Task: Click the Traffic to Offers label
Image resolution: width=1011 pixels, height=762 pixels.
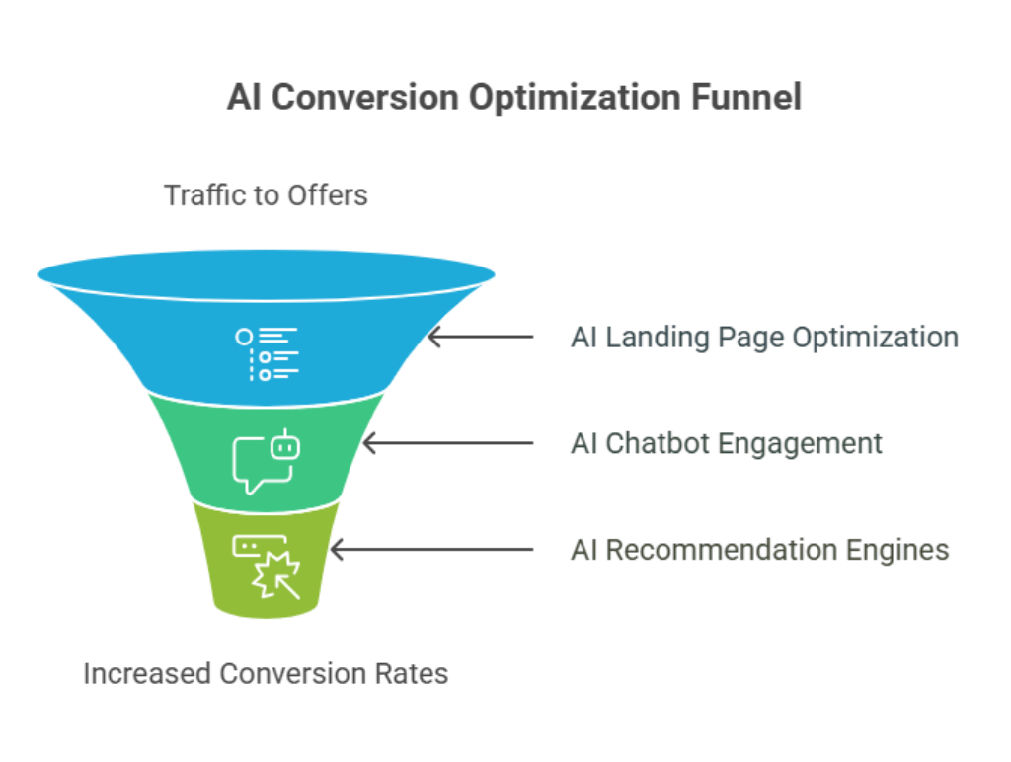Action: (x=266, y=195)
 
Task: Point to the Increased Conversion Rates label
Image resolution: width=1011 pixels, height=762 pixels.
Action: (x=266, y=674)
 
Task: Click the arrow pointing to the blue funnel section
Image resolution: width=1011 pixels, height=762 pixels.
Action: (x=480, y=337)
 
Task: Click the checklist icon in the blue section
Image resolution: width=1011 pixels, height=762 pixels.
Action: (x=267, y=353)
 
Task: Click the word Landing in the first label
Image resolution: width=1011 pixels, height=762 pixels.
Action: (x=645, y=337)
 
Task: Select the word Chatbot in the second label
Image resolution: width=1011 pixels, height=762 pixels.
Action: (x=658, y=443)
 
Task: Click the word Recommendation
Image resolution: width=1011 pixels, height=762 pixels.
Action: (x=717, y=550)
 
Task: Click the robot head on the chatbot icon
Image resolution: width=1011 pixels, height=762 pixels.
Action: (x=285, y=446)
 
